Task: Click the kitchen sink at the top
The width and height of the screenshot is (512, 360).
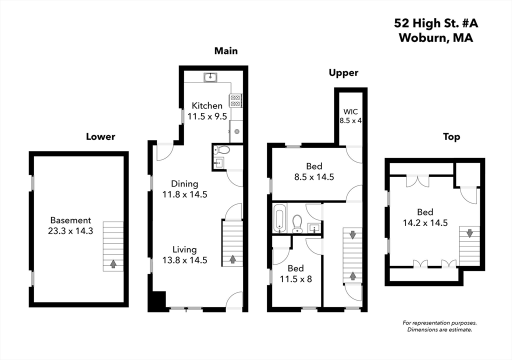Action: coord(210,77)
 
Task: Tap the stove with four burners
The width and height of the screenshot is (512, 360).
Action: coord(235,100)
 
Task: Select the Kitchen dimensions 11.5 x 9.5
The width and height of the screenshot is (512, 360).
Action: coord(207,116)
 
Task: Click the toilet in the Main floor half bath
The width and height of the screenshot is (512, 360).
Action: coord(223,149)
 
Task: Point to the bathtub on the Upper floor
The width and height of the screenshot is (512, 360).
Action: coord(279,218)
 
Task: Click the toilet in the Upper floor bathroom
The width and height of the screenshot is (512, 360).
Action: coord(297,224)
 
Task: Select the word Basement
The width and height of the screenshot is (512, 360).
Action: coord(70,220)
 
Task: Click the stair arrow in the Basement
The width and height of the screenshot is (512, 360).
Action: coord(113,263)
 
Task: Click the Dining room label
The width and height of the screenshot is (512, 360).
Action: coord(184,184)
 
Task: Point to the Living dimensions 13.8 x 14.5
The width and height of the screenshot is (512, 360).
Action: coord(184,260)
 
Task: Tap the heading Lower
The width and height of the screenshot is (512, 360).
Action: coord(100,136)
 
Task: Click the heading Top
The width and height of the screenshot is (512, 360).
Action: coord(451,136)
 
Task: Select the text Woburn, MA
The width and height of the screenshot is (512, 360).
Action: coord(435,38)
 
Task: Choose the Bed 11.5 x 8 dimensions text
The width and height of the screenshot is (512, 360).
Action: coord(295,279)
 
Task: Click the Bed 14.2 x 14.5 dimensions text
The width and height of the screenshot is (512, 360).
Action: coord(424,222)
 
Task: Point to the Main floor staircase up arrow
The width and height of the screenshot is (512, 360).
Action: coord(232,259)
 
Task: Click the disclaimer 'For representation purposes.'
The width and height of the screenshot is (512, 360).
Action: coord(439,323)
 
